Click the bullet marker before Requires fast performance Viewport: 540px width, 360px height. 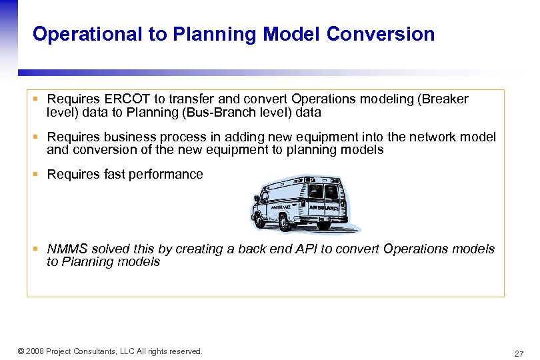[x=37, y=175]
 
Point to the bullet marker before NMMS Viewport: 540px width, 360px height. [x=37, y=249]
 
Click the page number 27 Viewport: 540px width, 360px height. [x=519, y=353]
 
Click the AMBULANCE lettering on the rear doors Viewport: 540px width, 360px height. [x=323, y=208]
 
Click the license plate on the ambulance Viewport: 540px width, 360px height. [x=325, y=221]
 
